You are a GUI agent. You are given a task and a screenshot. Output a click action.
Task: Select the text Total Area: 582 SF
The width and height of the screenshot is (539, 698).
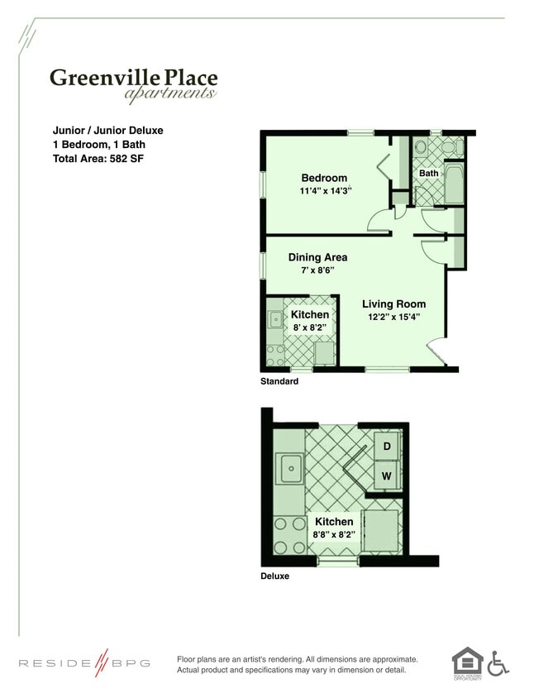click(99, 158)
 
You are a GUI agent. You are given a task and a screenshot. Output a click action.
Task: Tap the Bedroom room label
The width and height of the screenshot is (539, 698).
click(324, 178)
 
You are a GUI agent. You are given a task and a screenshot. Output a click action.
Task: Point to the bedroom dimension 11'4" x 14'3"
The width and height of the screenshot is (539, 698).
click(326, 191)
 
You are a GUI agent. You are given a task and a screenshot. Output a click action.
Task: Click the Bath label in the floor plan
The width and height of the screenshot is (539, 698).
click(428, 174)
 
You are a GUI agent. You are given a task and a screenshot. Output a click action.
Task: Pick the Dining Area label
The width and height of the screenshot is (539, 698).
click(317, 257)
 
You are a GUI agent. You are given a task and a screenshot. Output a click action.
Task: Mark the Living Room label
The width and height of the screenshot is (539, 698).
click(394, 304)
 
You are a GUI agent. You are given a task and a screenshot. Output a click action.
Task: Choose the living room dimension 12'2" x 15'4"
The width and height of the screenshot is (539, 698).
click(394, 318)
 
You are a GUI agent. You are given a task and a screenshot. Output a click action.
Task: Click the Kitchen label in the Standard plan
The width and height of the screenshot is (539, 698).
click(310, 314)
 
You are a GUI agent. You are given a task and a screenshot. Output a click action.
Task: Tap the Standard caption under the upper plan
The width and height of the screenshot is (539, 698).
click(279, 382)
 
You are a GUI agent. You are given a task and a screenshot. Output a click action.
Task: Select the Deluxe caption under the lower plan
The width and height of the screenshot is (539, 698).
click(274, 576)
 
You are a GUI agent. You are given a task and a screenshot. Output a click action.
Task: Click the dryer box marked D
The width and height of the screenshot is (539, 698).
click(386, 447)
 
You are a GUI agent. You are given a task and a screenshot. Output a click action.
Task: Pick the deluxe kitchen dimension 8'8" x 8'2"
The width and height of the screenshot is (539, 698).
click(333, 535)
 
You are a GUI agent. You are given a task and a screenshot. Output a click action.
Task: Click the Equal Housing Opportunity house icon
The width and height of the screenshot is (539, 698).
click(466, 661)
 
